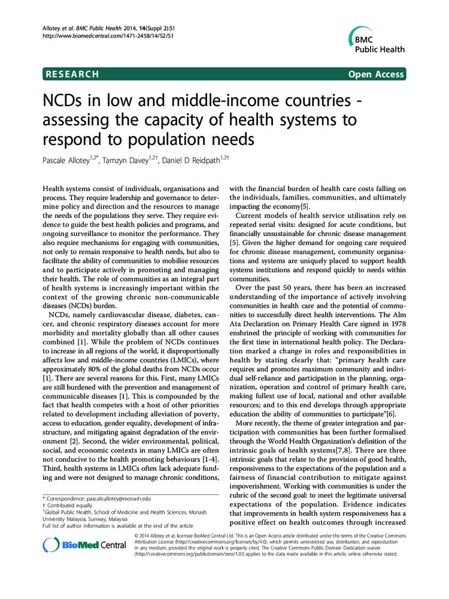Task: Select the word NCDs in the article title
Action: [x=63, y=101]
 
